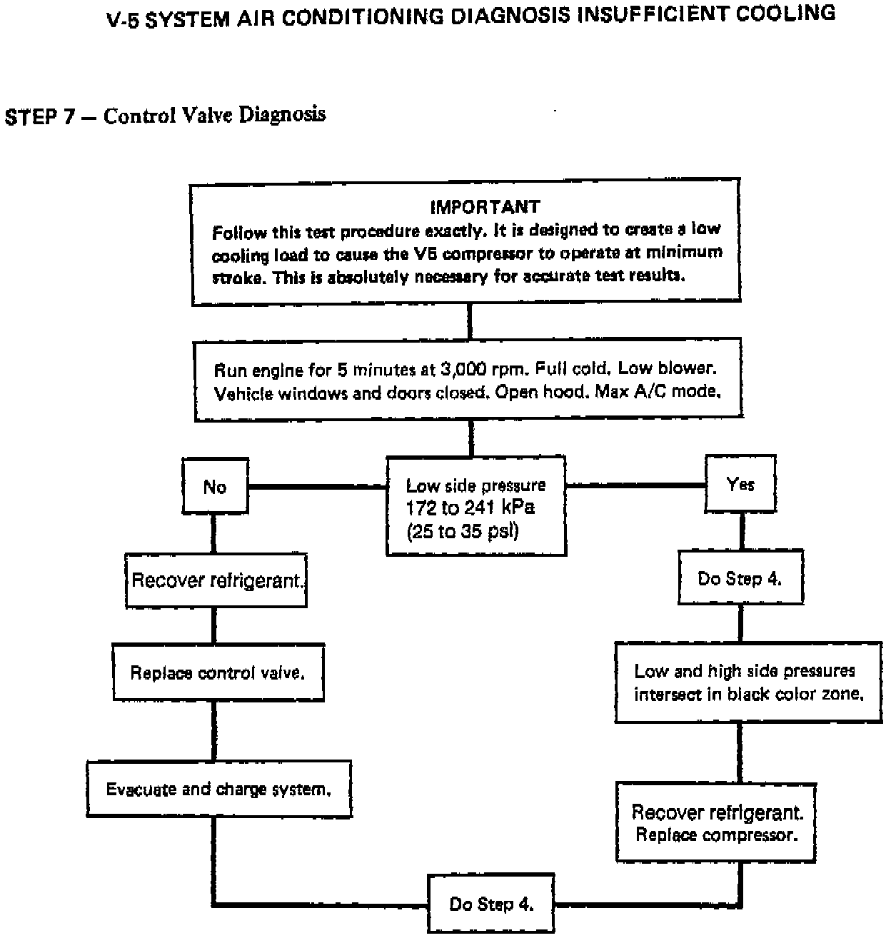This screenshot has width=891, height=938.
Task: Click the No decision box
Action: pos(215,487)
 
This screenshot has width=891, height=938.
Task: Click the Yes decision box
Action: pos(740,485)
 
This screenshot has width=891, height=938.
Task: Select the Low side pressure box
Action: pos(476,506)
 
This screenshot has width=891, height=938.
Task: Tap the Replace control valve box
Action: pos(218,672)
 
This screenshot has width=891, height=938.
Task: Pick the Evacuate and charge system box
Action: pos(218,789)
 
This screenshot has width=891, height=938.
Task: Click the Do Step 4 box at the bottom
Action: pos(491,904)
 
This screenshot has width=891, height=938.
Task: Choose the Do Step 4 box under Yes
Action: pos(740,578)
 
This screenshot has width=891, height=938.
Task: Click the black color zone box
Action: pos(748,682)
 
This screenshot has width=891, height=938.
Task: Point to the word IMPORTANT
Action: pos(485,207)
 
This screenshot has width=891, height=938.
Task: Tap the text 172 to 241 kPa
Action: pos(470,508)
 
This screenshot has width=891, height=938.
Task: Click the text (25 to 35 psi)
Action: pos(462,532)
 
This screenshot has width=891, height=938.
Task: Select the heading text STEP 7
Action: pos(40,116)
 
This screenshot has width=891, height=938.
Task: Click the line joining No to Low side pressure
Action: pos(317,487)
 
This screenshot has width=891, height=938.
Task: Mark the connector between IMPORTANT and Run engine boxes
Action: pos(470,323)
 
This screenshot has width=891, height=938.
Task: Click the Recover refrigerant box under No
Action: pos(216,580)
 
